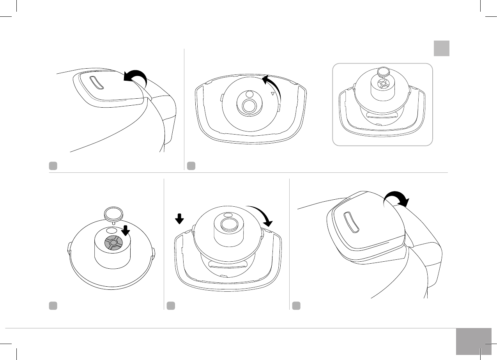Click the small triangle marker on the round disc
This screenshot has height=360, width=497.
[272, 94]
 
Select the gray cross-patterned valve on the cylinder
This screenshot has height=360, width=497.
[113, 243]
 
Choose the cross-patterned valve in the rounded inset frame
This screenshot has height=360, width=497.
[384, 83]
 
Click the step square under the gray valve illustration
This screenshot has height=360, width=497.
[53, 305]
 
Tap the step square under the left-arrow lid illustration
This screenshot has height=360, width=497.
[53, 166]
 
